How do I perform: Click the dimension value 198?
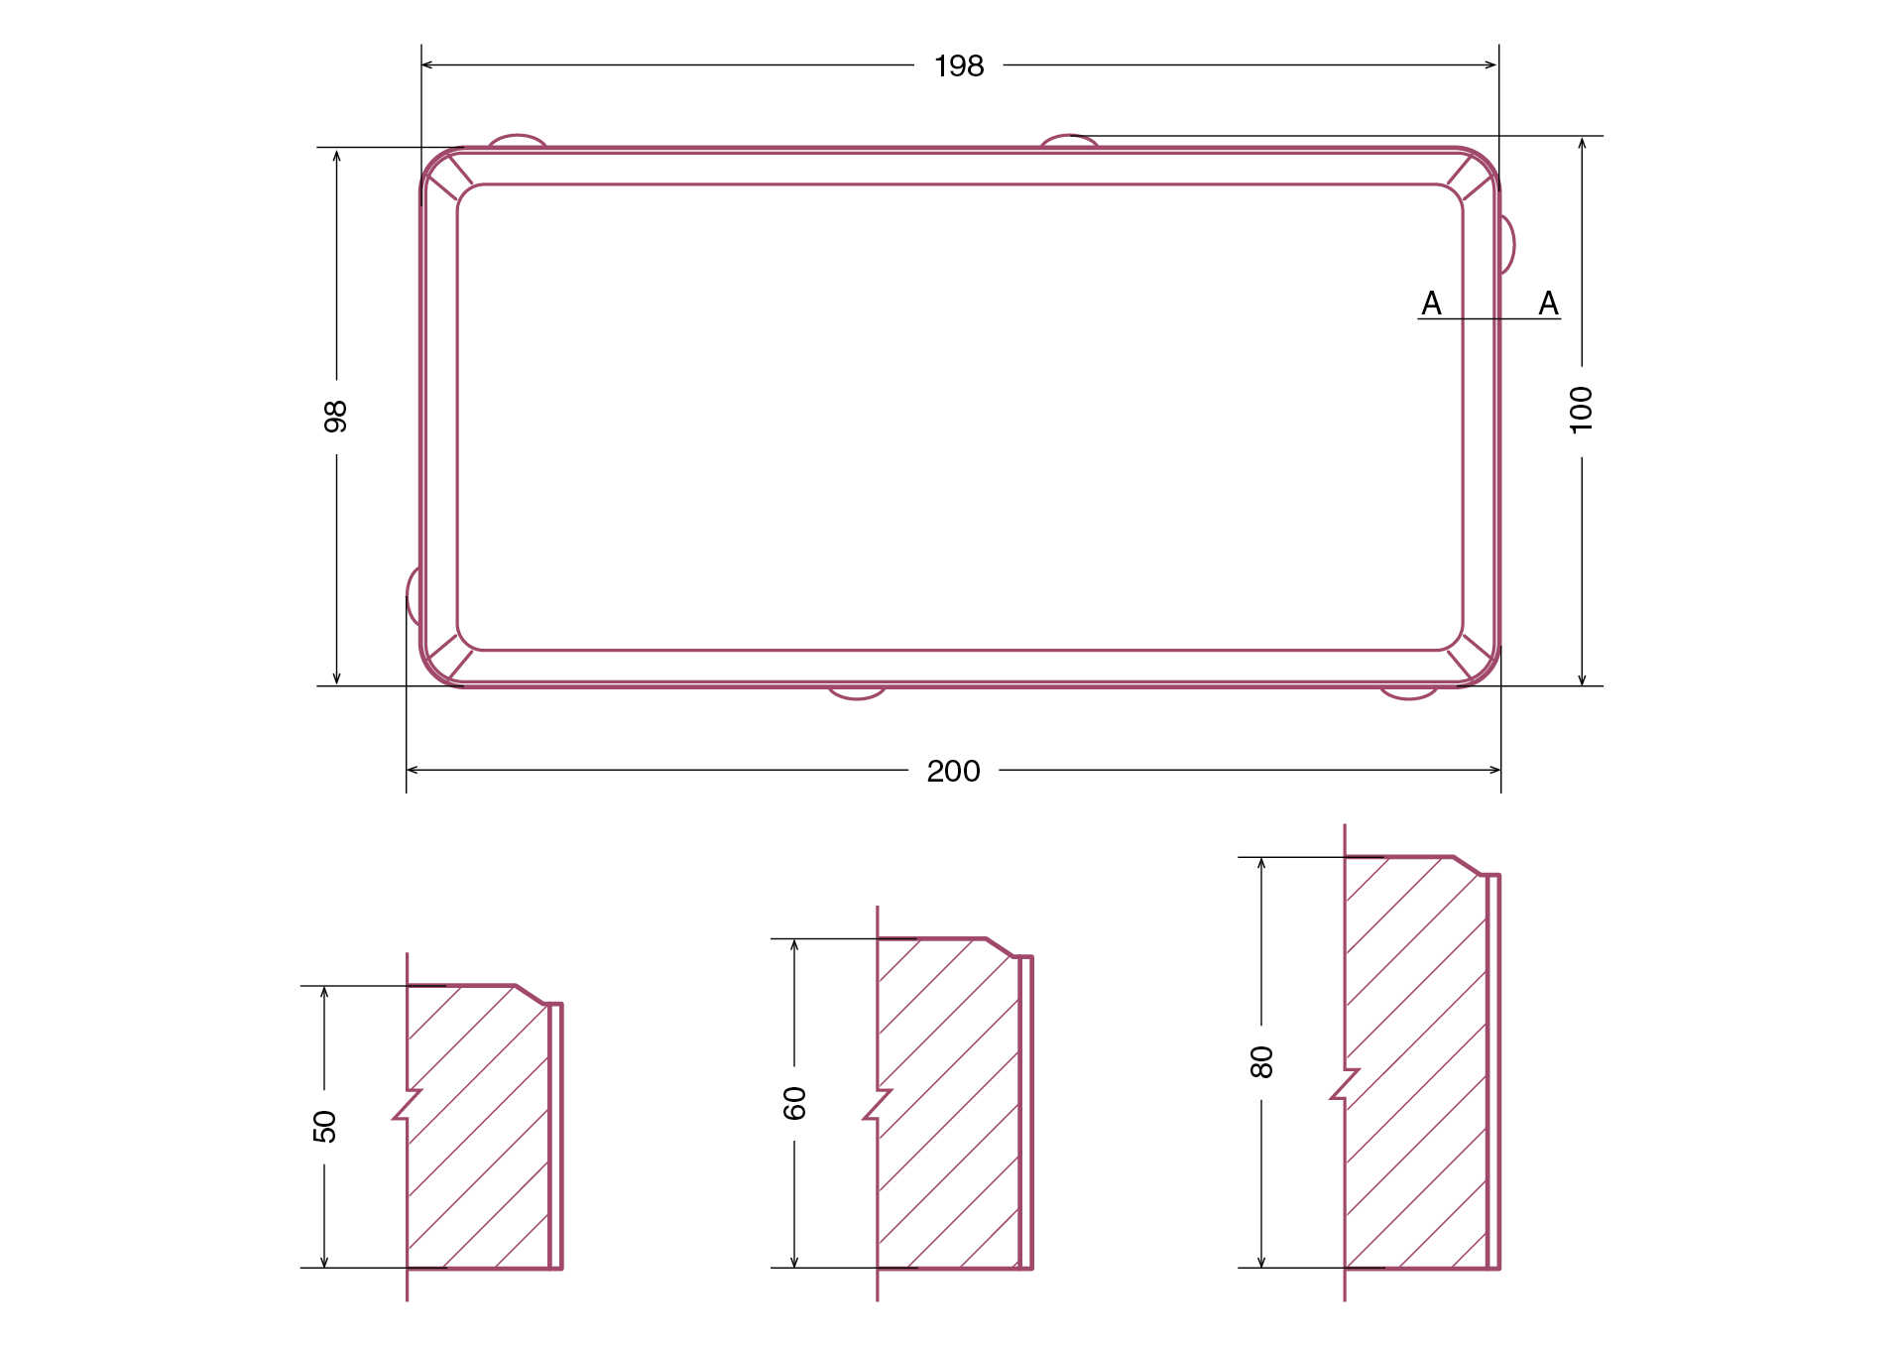[x=959, y=66]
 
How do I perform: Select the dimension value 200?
[x=953, y=772]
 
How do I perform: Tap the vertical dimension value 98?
[x=336, y=417]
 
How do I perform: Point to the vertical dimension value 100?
[x=1581, y=410]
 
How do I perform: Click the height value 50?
[x=324, y=1127]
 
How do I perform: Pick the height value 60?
[x=794, y=1103]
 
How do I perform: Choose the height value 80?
[x=1261, y=1061]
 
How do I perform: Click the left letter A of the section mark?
[x=1431, y=304]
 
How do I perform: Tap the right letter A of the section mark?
[x=1548, y=304]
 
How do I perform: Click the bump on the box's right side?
[x=1508, y=244]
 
